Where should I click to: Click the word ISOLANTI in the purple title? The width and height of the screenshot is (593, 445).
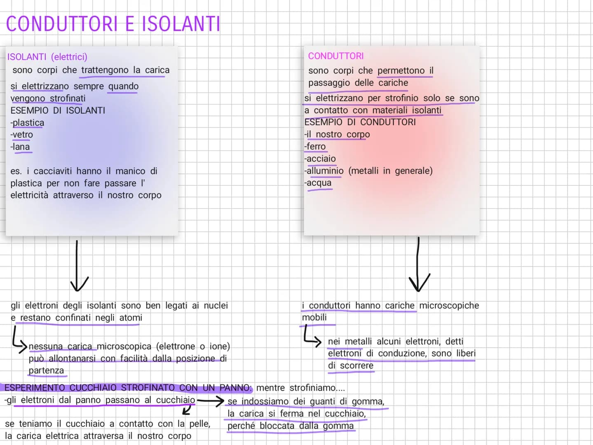pyautogui.click(x=181, y=24)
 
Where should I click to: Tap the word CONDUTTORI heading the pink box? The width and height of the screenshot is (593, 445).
pyautogui.click(x=336, y=56)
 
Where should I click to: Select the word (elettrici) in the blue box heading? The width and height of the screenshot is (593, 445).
pyautogui.click(x=69, y=57)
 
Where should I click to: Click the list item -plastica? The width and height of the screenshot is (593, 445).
pyautogui.click(x=27, y=123)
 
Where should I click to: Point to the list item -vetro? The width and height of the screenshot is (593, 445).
pyautogui.click(x=21, y=134)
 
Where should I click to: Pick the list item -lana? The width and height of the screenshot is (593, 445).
pyautogui.click(x=20, y=147)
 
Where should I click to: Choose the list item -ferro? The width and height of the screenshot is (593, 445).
pyautogui.click(x=315, y=146)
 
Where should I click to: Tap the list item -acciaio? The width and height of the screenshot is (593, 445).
pyautogui.click(x=320, y=159)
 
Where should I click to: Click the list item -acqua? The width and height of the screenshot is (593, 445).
pyautogui.click(x=318, y=183)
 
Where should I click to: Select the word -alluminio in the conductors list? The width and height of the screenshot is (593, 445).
pyautogui.click(x=324, y=171)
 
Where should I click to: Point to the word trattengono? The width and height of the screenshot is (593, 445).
pyautogui.click(x=105, y=70)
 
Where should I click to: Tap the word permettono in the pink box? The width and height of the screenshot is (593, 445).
pyautogui.click(x=401, y=70)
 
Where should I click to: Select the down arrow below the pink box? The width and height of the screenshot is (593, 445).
pyautogui.click(x=418, y=265)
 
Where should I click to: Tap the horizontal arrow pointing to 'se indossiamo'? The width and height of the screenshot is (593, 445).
pyautogui.click(x=210, y=401)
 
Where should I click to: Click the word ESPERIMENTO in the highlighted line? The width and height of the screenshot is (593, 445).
pyautogui.click(x=35, y=388)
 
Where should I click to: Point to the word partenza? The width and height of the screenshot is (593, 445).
pyautogui.click(x=46, y=370)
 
